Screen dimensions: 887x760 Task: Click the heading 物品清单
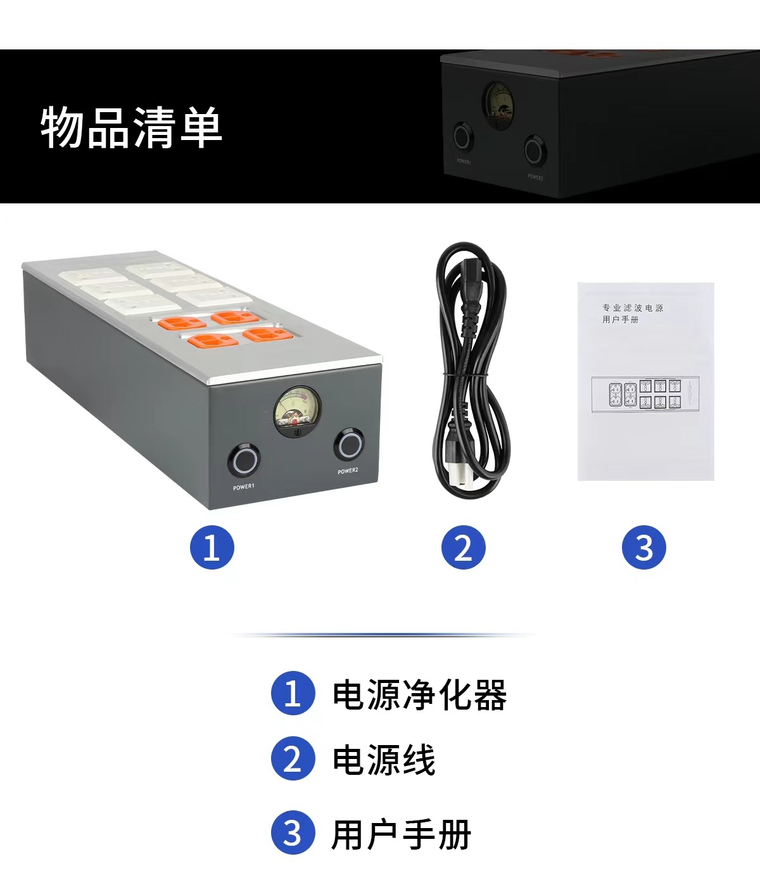tap(132, 127)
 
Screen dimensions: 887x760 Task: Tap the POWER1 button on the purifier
tap(243, 460)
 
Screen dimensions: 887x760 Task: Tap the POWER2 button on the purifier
tap(349, 445)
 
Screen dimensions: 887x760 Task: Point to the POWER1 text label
tap(243, 487)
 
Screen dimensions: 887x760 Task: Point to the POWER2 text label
tap(348, 471)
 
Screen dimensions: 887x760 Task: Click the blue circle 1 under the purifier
tap(212, 547)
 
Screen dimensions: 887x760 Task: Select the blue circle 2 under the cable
tap(463, 547)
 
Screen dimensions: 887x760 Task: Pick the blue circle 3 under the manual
tap(643, 547)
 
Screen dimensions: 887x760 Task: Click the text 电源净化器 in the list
tap(419, 694)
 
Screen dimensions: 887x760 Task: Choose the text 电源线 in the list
tap(384, 760)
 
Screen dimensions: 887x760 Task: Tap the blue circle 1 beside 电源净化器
tap(293, 693)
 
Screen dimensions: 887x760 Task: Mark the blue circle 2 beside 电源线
tap(293, 759)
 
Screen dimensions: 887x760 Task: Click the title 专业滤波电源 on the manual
tap(633, 308)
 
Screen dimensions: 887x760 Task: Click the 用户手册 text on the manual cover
tap(620, 320)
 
